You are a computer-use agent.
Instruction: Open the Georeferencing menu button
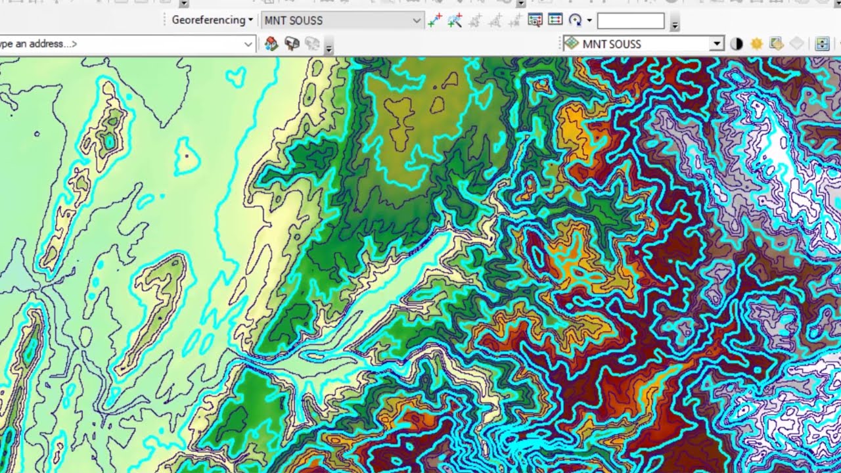pos(212,20)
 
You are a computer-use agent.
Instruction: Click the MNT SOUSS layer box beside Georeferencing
pos(335,20)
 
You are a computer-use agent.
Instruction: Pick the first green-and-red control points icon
pos(434,20)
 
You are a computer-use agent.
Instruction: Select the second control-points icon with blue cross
pos(455,20)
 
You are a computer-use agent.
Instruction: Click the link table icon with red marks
pos(535,20)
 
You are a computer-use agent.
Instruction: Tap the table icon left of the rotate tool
pos(555,20)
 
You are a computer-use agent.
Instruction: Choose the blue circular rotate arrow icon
pos(576,20)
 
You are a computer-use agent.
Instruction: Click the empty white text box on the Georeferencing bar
pos(631,21)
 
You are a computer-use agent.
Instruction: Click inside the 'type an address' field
pos(118,44)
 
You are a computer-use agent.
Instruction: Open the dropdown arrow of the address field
pos(248,44)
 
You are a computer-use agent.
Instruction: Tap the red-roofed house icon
pos(271,44)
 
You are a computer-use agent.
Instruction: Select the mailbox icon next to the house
pos(292,44)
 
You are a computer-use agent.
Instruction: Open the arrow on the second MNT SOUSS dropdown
pos(717,44)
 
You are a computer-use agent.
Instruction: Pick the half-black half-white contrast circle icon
pos(737,44)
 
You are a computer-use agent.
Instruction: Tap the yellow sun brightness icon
pos(756,44)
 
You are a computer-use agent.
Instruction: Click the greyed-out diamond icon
pos(796,44)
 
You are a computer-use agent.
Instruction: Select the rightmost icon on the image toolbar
pos(822,44)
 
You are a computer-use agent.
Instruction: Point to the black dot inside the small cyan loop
pos(187,156)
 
